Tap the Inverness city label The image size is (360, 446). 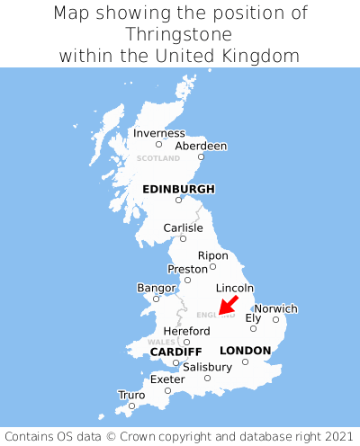point(158,133)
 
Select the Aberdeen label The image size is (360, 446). point(201,146)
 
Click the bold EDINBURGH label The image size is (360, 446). point(178,189)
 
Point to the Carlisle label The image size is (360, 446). point(183,227)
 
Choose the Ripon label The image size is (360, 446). point(213,255)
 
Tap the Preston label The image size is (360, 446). point(188,269)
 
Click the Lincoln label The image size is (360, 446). point(236,288)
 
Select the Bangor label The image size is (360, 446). point(156,288)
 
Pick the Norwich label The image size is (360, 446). point(275,308)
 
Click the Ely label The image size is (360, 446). point(253,317)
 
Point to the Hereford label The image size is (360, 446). point(186,331)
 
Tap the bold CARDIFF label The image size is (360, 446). point(175,351)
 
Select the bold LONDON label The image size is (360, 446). point(245,350)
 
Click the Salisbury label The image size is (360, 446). point(207,367)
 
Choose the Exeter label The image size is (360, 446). point(167,379)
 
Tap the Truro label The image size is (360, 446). point(131,395)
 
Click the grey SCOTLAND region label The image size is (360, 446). point(158,158)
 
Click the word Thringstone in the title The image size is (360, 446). point(180,34)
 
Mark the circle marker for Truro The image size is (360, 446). point(131,406)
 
